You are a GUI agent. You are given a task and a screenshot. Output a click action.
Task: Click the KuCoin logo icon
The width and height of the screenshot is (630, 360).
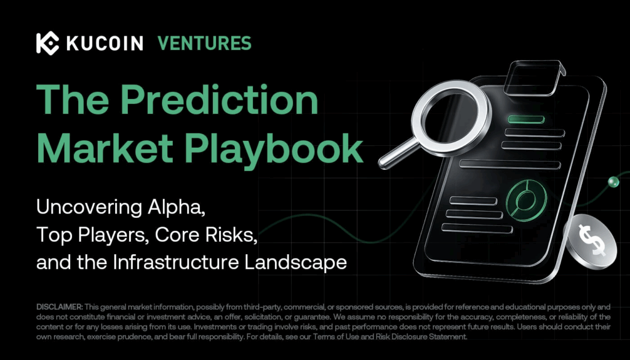(47, 43)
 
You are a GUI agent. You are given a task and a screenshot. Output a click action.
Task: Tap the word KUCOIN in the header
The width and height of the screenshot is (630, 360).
(104, 43)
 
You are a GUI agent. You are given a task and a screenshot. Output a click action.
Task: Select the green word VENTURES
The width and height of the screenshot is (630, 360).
(204, 43)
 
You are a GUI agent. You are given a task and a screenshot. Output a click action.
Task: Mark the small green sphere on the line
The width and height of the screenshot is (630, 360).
(612, 181)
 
